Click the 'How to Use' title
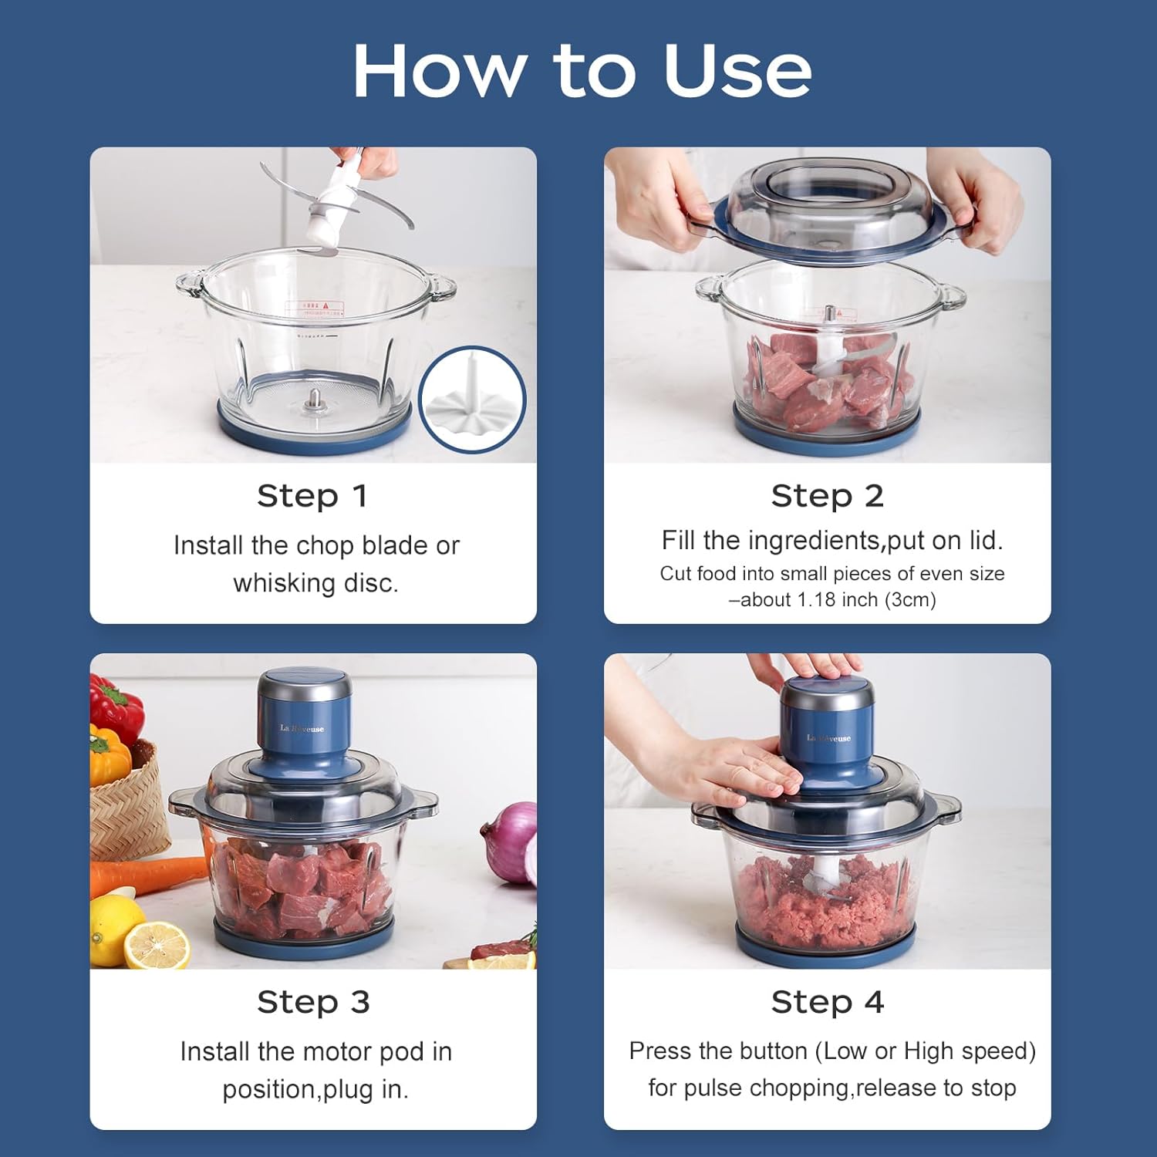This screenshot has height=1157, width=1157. [582, 71]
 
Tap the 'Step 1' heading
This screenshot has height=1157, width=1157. [312, 496]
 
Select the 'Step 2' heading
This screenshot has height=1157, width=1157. [827, 496]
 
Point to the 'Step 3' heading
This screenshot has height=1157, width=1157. [313, 1002]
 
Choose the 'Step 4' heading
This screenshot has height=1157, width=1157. [827, 1002]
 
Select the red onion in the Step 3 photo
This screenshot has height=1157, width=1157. [513, 842]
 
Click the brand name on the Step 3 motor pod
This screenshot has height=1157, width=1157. [302, 728]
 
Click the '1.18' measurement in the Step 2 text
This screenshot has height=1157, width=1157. [818, 599]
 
